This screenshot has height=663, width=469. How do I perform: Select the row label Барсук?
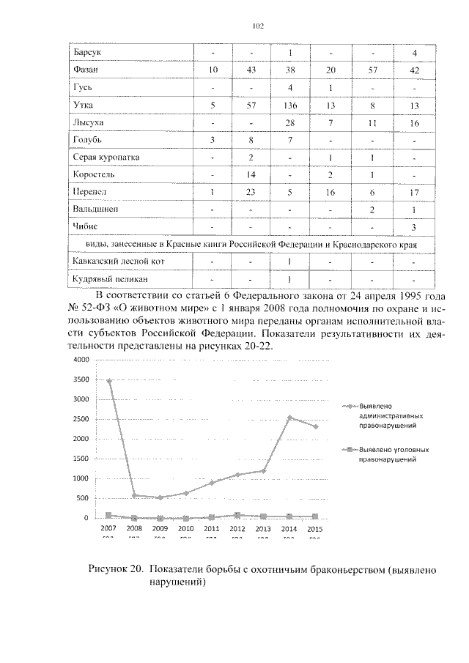pyautogui.click(x=87, y=53)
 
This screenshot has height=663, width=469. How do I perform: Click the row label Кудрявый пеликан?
pyautogui.click(x=106, y=278)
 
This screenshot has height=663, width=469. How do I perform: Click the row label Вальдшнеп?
pyautogui.click(x=97, y=210)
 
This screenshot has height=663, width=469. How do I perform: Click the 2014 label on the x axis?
pyautogui.click(x=289, y=528)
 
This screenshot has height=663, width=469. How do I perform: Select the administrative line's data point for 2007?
pyautogui.click(x=109, y=381)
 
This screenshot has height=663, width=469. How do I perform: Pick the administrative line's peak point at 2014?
pyautogui.click(x=289, y=418)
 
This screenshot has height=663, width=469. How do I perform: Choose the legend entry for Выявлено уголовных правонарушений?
pyautogui.click(x=393, y=455)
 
